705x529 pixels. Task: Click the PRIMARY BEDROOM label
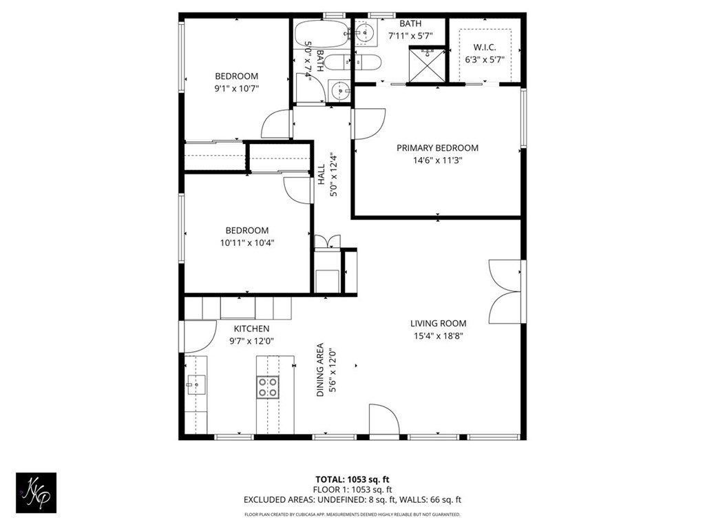coord(437,148)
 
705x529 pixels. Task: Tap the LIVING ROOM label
coord(439,324)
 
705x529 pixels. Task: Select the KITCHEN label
coord(251,329)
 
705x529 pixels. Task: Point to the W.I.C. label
coord(485,48)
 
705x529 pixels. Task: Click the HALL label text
coord(321,174)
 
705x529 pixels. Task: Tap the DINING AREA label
coord(320,370)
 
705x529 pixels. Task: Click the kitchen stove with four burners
coord(268,387)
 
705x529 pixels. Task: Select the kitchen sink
coord(196,385)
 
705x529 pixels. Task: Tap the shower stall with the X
coord(427,64)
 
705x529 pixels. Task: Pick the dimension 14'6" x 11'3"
coord(437,160)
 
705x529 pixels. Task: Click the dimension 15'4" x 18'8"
coord(439,335)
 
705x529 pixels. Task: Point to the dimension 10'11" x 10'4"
coord(247,243)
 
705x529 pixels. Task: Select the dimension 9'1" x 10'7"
coord(237,88)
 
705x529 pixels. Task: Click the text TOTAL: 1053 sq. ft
coord(352,479)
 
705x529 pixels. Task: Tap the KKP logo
coord(36,492)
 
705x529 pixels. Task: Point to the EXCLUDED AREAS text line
coord(352,500)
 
